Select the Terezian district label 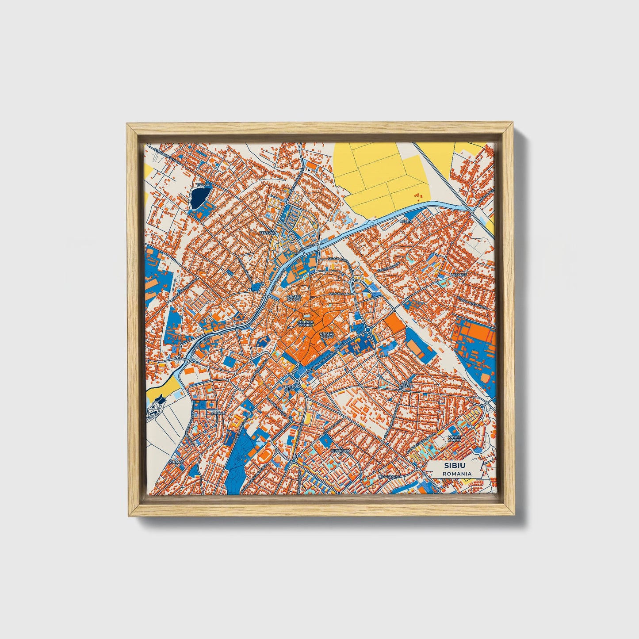tap(268, 233)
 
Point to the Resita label tap(406, 221)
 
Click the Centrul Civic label tap(291, 388)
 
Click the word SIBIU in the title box tap(455, 466)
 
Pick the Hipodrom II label tap(388, 476)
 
